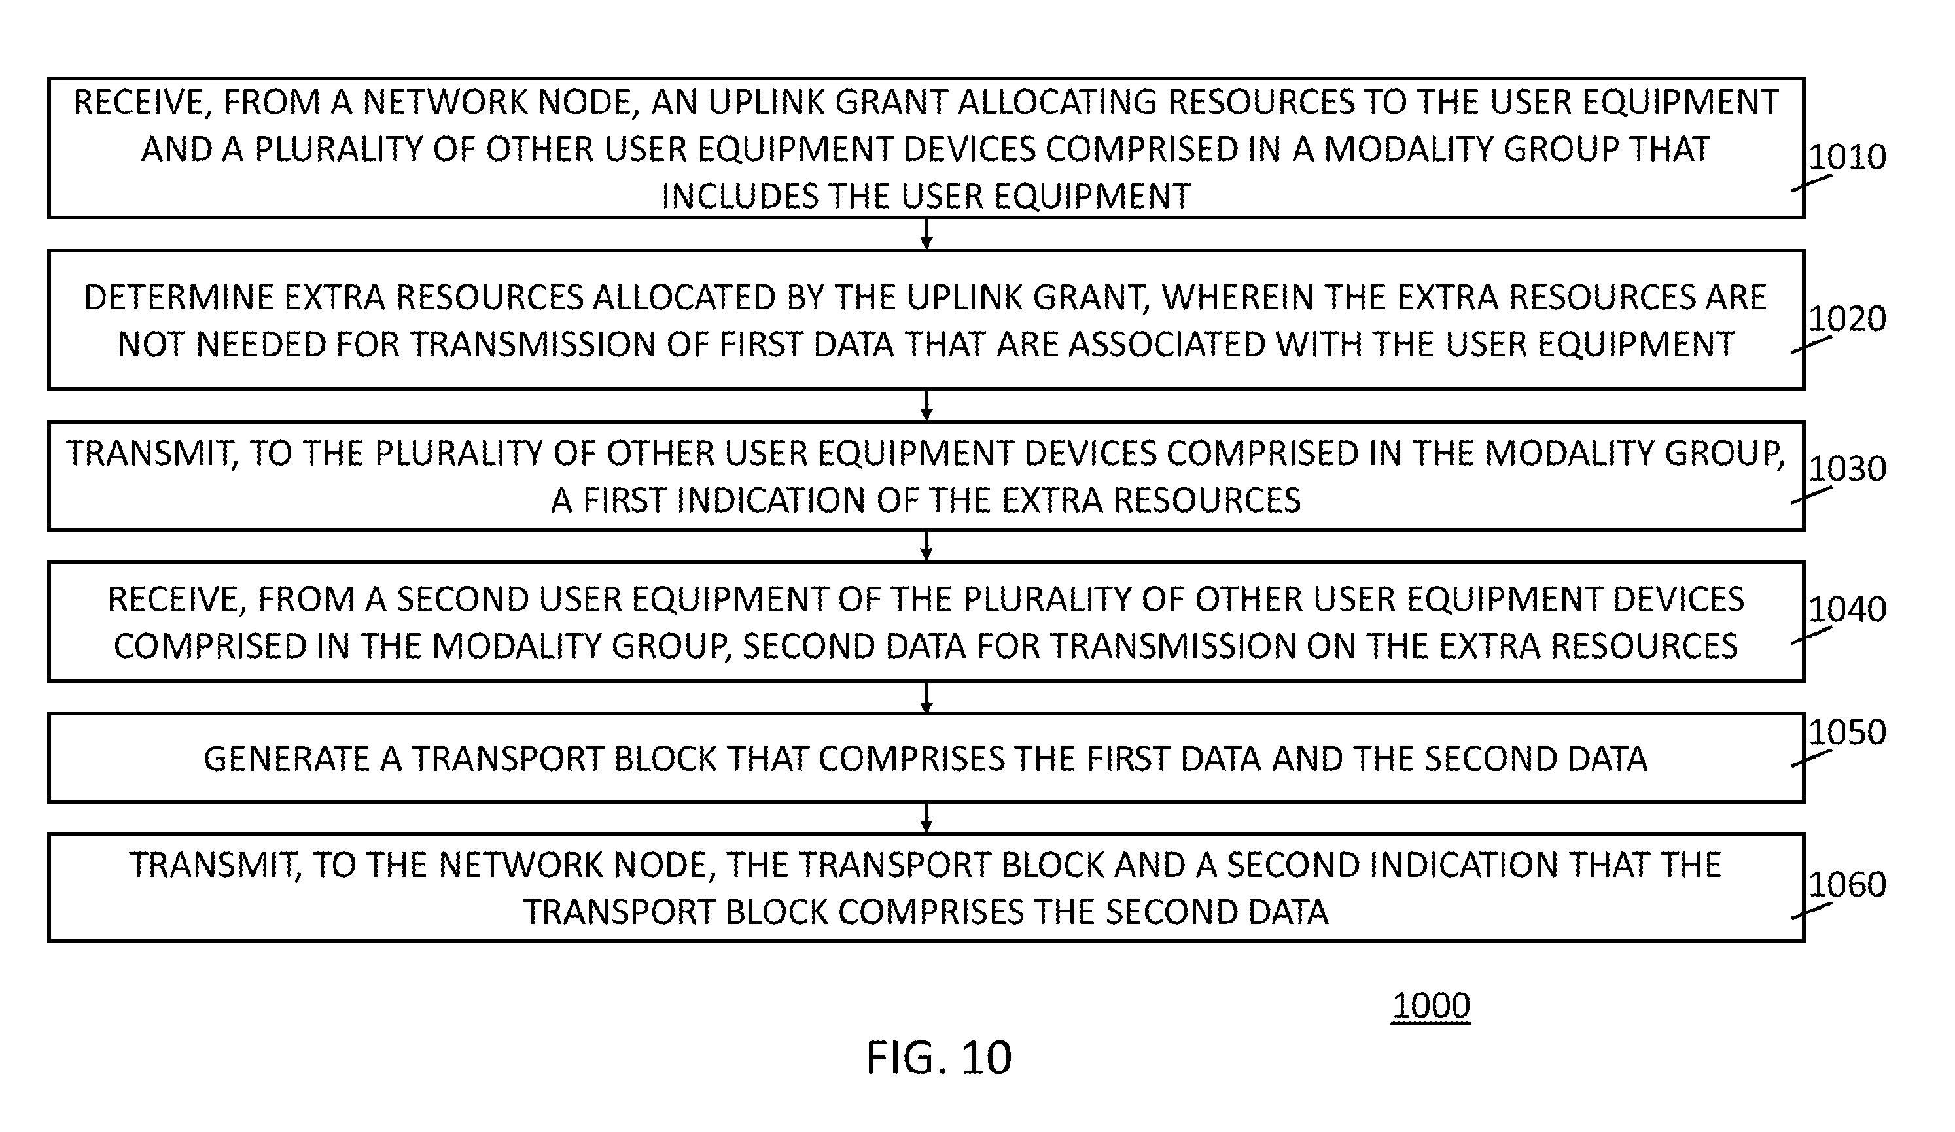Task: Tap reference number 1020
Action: pos(1847,318)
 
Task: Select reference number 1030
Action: pos(1847,469)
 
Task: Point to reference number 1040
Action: pos(1847,609)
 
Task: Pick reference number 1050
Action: pos(1847,732)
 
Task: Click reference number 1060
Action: pos(1847,885)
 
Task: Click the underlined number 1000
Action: pos(1432,1006)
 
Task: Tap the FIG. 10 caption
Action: pos(939,1057)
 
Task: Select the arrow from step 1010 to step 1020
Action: pos(926,233)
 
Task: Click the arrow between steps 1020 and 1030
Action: pos(926,405)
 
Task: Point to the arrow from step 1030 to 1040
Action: pos(926,546)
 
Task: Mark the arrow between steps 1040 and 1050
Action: pos(926,698)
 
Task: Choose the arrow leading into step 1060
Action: pos(926,818)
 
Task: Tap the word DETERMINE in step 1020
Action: pos(168,298)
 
